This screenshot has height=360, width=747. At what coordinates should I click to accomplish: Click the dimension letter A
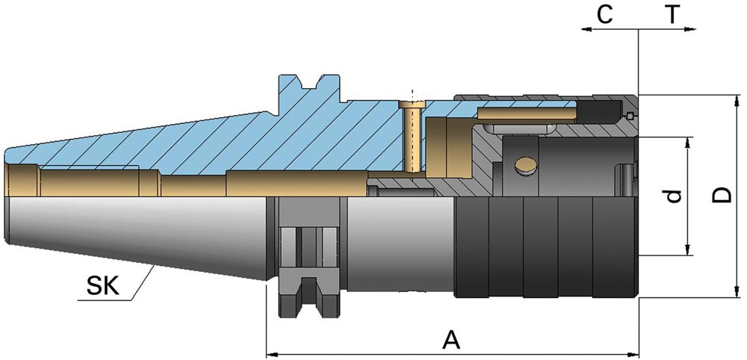pyautogui.click(x=451, y=340)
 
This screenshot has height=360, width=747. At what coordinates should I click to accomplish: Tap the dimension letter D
pyautogui.click(x=722, y=195)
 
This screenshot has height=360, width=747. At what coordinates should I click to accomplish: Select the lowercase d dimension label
pyautogui.click(x=674, y=196)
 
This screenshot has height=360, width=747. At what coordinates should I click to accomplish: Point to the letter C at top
pyautogui.click(x=604, y=15)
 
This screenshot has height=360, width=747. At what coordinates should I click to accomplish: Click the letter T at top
pyautogui.click(x=672, y=15)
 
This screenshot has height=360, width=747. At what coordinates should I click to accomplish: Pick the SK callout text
pyautogui.click(x=102, y=286)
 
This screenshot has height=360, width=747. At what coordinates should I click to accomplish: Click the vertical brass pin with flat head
pyautogui.click(x=412, y=135)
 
